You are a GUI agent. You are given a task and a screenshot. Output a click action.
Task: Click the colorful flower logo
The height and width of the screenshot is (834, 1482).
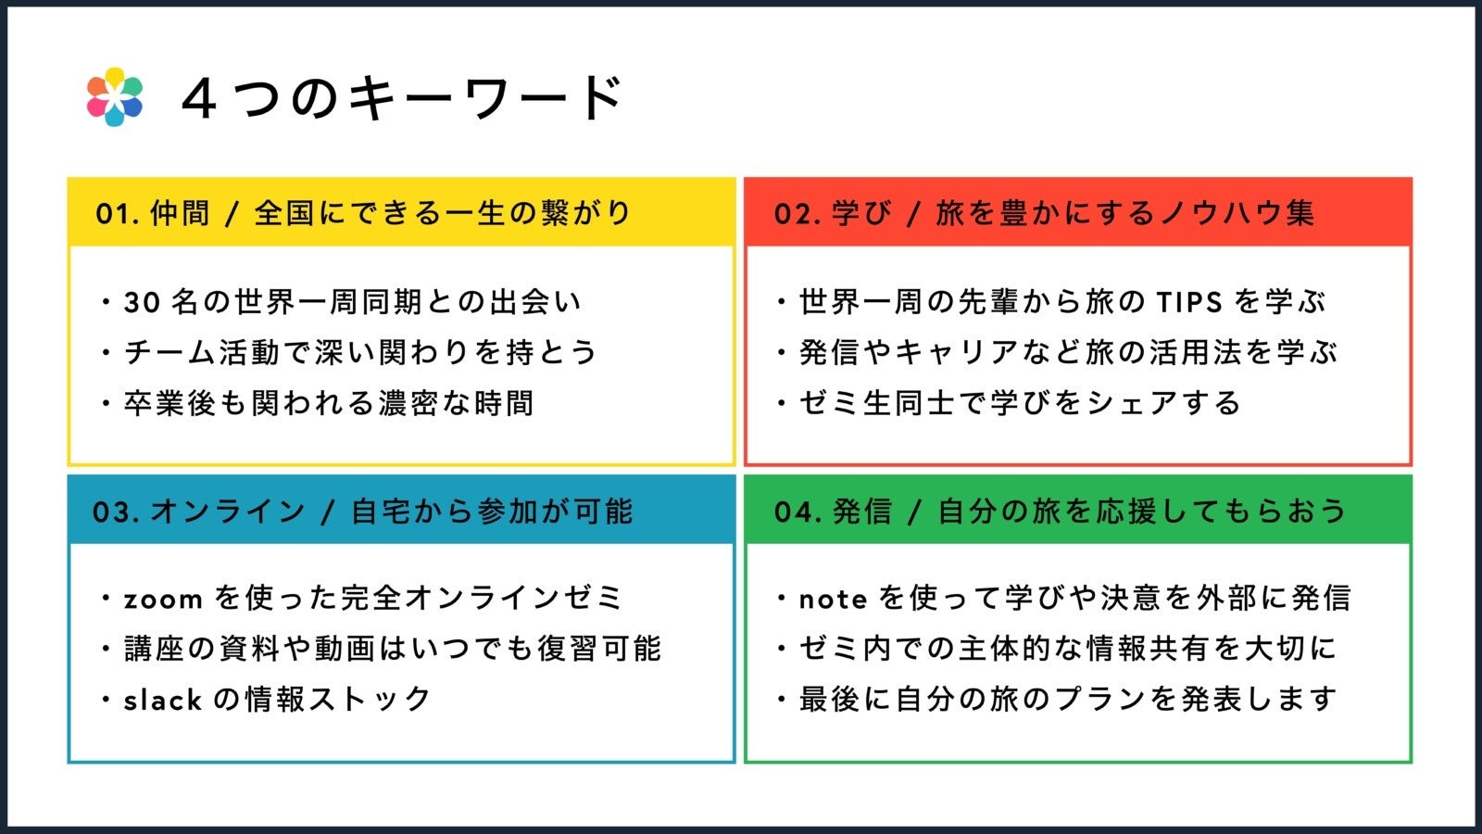(115, 97)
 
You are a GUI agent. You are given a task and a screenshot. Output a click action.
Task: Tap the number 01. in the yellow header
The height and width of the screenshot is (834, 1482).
(118, 213)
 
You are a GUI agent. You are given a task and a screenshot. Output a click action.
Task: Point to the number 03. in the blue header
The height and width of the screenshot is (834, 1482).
(116, 512)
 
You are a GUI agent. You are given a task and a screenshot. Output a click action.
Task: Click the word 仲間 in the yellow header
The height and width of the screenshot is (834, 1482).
(181, 213)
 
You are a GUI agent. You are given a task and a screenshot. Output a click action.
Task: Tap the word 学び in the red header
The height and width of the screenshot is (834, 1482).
(861, 213)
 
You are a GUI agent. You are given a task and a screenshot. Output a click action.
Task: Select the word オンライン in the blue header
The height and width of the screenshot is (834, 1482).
(228, 512)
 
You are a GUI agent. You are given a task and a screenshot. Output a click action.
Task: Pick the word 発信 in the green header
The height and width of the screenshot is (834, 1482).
(861, 512)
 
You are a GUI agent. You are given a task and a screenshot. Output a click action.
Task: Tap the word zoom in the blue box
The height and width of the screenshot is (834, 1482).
(163, 600)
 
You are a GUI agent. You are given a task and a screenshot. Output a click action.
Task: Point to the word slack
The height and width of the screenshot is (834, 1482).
(163, 700)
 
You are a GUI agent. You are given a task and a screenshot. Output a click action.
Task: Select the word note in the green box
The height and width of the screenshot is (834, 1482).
(833, 600)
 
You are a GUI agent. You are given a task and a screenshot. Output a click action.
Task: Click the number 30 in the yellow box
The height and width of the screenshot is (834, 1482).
(143, 302)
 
